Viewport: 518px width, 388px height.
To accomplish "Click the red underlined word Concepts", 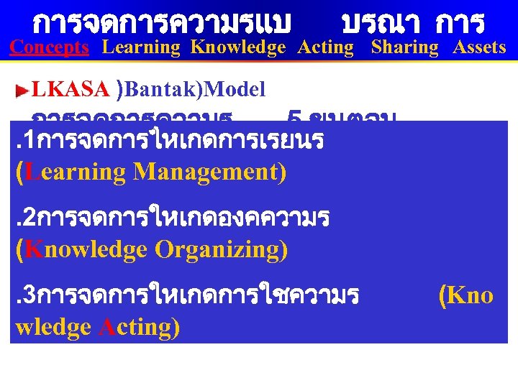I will [49, 47].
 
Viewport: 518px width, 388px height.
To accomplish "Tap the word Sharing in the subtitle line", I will [404, 47].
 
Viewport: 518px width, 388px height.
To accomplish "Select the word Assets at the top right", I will [479, 47].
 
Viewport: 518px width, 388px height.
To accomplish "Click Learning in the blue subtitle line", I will [141, 47].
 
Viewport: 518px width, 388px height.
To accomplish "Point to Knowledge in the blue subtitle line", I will [238, 47].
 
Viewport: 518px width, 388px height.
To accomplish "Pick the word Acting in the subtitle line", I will [326, 47].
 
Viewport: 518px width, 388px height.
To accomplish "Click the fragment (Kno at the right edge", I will [465, 295].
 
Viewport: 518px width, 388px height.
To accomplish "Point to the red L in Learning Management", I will [30, 172].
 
